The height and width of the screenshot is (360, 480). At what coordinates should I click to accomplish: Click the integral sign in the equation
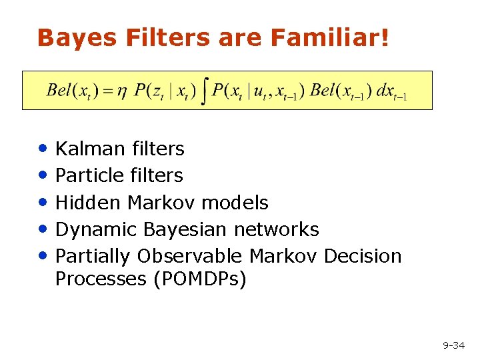(x=205, y=90)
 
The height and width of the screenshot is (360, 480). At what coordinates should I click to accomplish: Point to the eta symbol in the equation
(x=121, y=91)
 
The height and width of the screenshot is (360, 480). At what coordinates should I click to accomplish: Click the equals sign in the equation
(x=106, y=91)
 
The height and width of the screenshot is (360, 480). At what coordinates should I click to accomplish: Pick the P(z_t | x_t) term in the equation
(x=165, y=91)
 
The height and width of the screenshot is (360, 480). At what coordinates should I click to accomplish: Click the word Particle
(x=89, y=175)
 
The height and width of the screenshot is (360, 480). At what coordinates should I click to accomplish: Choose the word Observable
(x=191, y=256)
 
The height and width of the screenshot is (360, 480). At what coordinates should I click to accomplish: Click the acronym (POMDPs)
(x=199, y=279)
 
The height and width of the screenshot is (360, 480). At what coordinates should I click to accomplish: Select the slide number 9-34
(x=453, y=345)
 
